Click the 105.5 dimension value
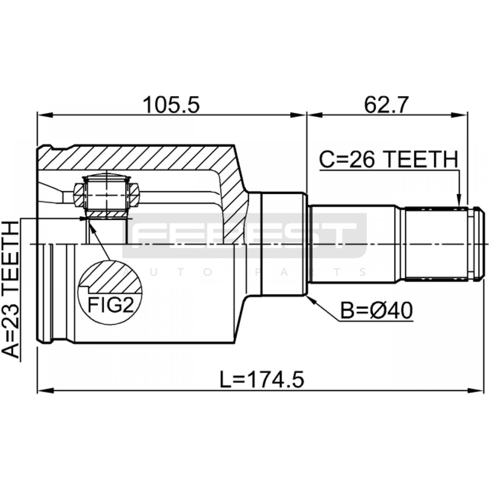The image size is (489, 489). (171, 105)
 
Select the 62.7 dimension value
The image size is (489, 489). (386, 105)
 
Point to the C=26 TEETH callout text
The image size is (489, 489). (389, 159)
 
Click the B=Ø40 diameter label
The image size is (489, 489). (377, 310)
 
